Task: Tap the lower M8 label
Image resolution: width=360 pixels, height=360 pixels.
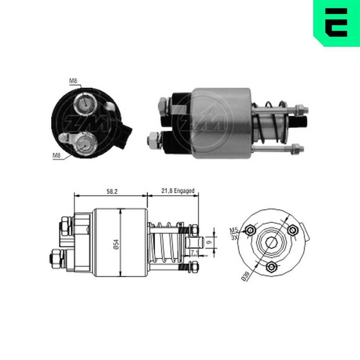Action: (56, 156)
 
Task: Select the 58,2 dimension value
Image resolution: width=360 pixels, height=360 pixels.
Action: (111, 191)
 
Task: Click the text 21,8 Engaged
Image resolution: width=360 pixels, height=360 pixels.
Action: (177, 191)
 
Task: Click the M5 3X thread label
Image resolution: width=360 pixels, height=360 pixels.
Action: (234, 234)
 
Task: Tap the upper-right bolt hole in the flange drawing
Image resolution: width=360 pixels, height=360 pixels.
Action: (293, 230)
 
